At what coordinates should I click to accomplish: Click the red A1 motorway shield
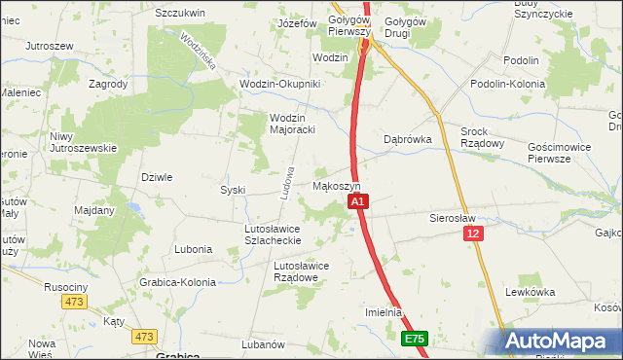pyautogui.click(x=357, y=201)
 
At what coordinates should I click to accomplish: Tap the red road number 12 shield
pyautogui.click(x=473, y=234)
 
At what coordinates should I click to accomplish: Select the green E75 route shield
pyautogui.click(x=415, y=339)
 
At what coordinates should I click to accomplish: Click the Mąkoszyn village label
pyautogui.click(x=337, y=185)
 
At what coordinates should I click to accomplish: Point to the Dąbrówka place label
pyautogui.click(x=408, y=139)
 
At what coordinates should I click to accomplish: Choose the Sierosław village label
pyautogui.click(x=450, y=219)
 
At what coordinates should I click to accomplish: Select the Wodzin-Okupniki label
pyautogui.click(x=280, y=84)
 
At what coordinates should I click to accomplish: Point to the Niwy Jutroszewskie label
pyautogui.click(x=84, y=142)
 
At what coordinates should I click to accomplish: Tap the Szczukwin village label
pyautogui.click(x=179, y=13)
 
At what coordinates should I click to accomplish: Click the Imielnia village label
pyautogui.click(x=384, y=312)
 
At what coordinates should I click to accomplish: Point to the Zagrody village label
pyautogui.click(x=108, y=84)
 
